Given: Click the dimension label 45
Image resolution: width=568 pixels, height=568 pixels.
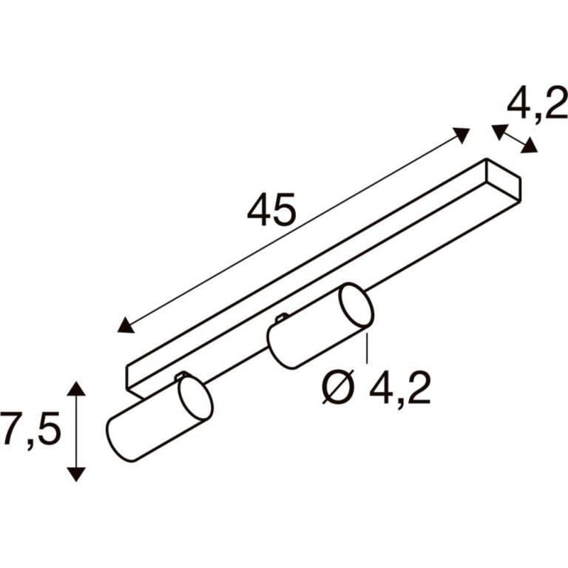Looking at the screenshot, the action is pos(271,210).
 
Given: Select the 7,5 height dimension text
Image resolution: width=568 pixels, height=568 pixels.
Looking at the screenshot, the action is pos(30,428).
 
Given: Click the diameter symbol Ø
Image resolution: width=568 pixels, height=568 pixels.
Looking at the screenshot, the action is pos(338,388).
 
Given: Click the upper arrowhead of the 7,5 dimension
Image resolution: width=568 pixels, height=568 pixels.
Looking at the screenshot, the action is pos(76,389).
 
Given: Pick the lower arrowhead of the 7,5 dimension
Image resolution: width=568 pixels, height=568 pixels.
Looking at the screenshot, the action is pos(76,474).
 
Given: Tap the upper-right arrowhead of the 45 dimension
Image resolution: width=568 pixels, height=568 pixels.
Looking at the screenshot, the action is pos(461,135).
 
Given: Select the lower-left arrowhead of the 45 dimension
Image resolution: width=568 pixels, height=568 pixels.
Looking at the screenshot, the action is pos(125,325).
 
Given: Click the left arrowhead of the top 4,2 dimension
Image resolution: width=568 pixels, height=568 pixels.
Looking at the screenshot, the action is pos(499,131).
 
